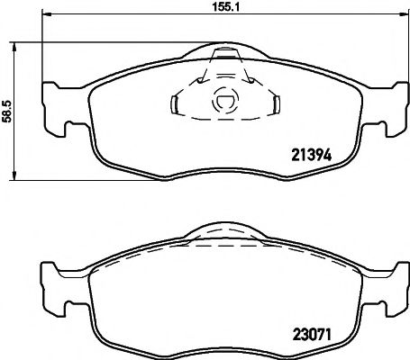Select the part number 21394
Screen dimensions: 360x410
[310, 153]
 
